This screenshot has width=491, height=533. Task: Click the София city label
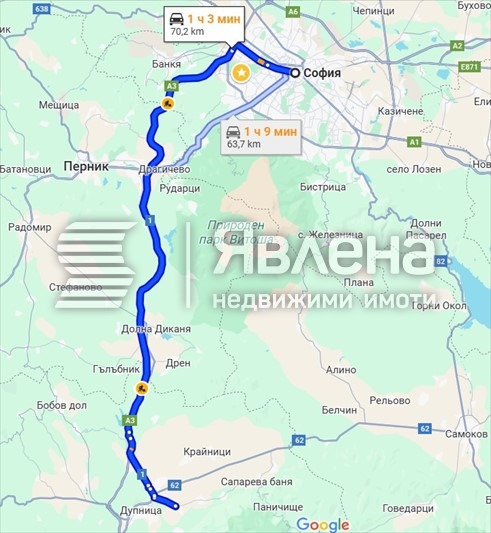326,72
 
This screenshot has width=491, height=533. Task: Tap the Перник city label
84,167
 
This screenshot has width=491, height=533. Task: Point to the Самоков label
466,434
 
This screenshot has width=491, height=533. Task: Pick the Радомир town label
30,227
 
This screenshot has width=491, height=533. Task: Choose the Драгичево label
165,170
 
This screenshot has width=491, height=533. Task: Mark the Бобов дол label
63,404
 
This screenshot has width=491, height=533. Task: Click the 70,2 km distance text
187,32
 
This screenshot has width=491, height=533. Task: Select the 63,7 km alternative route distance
244,144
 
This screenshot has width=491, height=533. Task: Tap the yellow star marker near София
240,72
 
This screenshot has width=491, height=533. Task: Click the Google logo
322,525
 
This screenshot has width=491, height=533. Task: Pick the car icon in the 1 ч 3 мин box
175,18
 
